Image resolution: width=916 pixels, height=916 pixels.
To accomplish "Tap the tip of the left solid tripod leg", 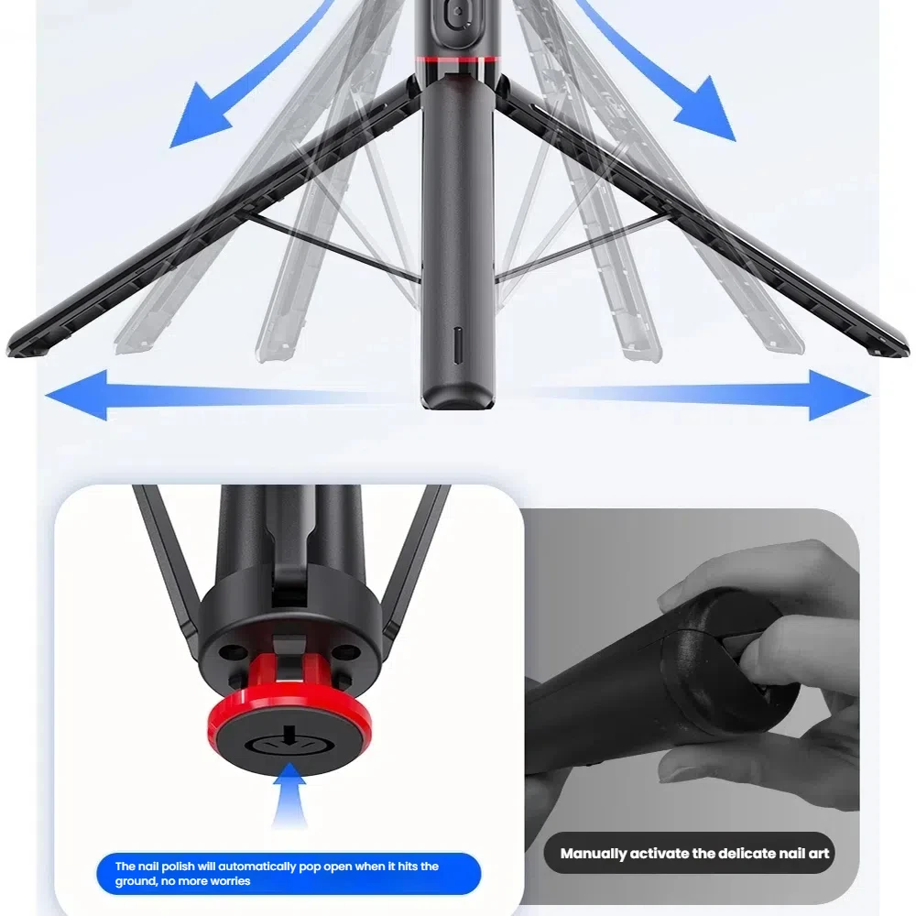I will click(18, 348).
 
